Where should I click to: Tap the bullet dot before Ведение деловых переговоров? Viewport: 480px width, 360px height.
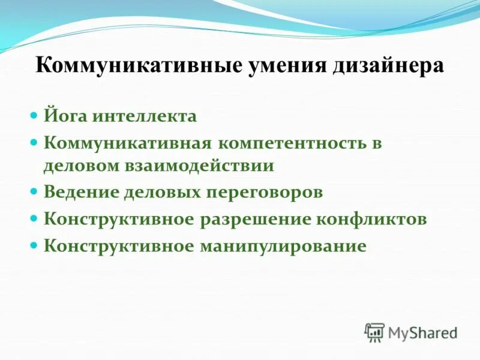point(34,191)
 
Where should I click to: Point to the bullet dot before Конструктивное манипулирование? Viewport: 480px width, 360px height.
point(34,245)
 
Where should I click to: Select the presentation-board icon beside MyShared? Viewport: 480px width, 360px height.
point(374,332)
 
